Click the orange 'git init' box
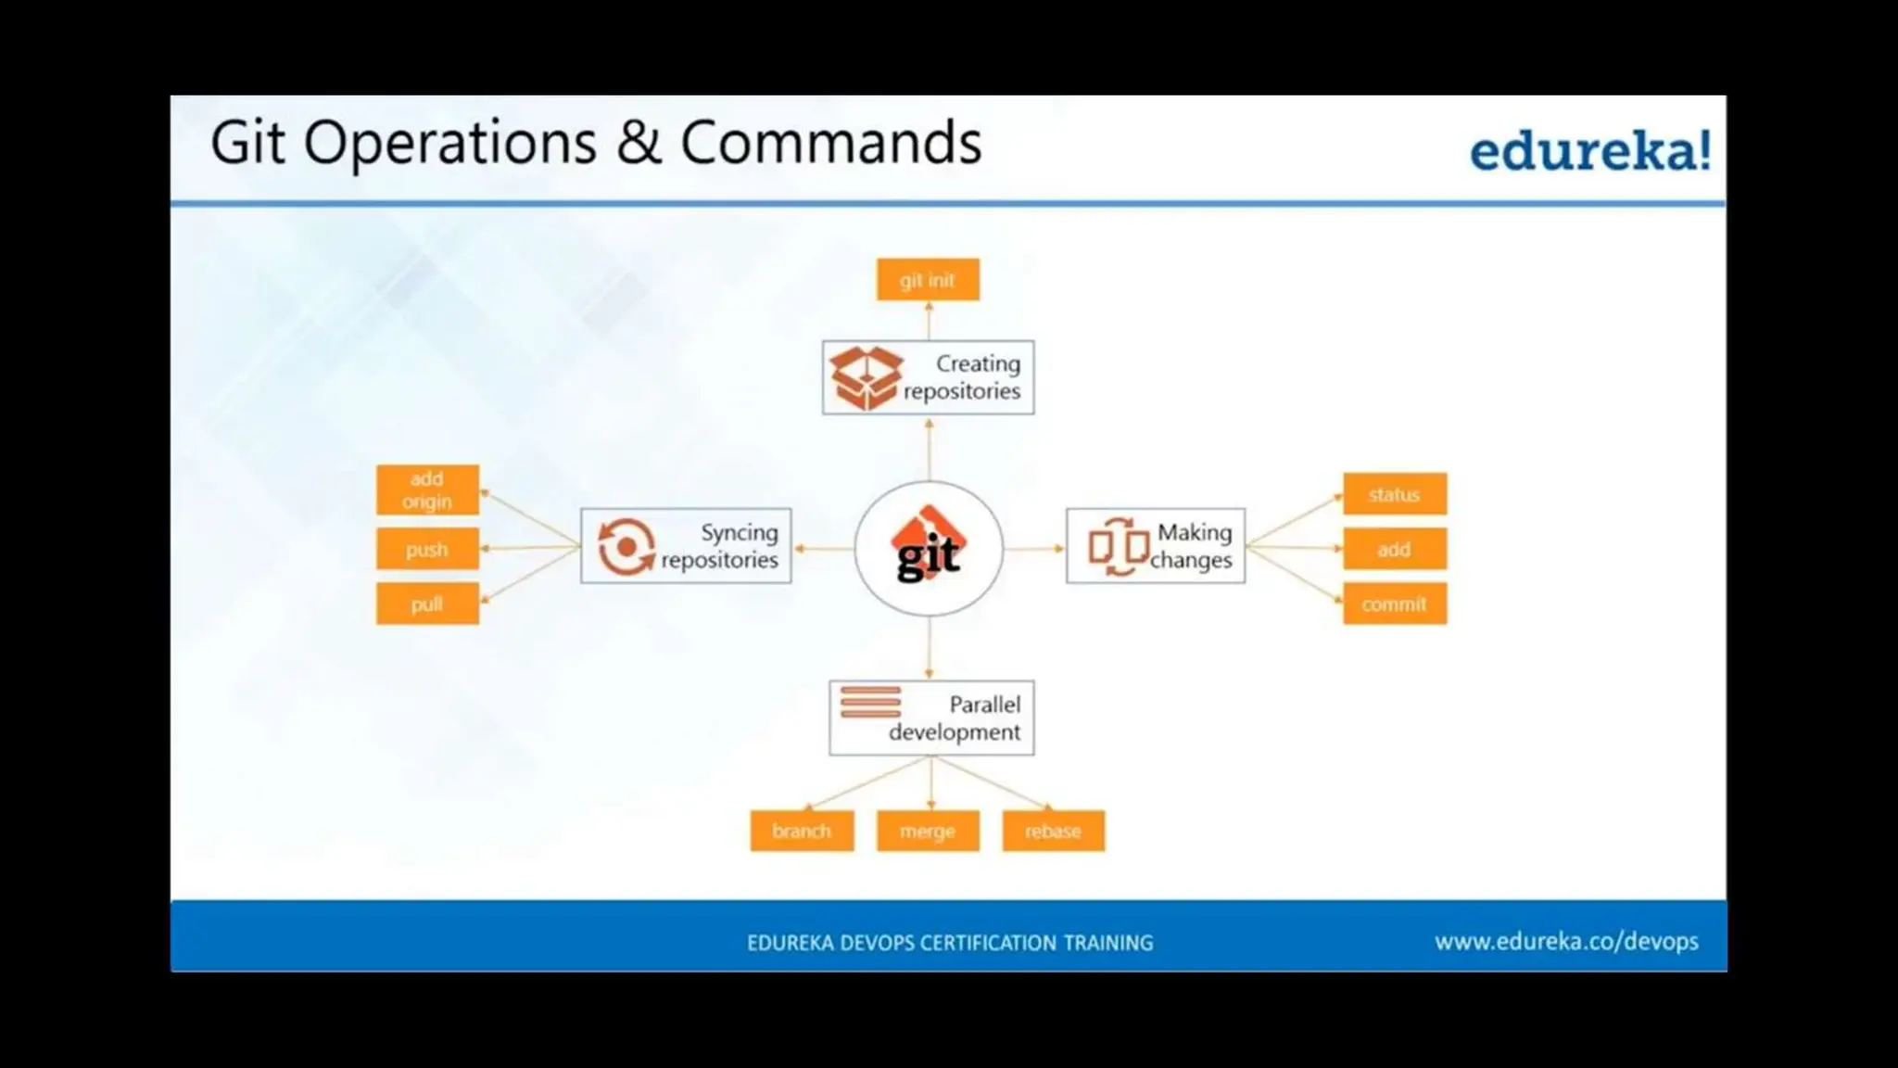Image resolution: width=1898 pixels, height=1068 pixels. (x=928, y=280)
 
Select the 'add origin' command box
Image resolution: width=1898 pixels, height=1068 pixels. (x=427, y=489)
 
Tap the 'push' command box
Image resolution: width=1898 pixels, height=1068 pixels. (x=427, y=549)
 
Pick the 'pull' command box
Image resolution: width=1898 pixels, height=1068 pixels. (x=427, y=604)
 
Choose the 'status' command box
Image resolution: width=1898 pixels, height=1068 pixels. (x=1394, y=494)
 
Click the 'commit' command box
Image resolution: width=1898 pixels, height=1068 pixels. (x=1394, y=604)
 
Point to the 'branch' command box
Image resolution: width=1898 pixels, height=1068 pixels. (x=802, y=831)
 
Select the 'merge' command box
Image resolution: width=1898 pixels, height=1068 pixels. (x=928, y=831)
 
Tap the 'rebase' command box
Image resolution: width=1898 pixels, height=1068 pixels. (x=1053, y=831)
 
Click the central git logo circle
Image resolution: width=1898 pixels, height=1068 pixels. (x=929, y=548)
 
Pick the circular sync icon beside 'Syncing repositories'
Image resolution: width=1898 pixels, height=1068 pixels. (x=626, y=546)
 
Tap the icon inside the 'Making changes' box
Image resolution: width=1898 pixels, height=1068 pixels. (x=1118, y=547)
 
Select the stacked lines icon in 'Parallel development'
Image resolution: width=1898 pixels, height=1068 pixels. (x=870, y=702)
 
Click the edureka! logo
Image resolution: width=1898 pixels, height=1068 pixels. (x=1590, y=150)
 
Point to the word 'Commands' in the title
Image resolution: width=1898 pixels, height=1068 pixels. (x=830, y=143)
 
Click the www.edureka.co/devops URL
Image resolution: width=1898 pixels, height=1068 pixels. (x=1566, y=942)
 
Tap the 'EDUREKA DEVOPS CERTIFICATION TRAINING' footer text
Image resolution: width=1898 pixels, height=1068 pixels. (x=950, y=943)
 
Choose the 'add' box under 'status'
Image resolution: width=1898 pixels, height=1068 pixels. (x=1394, y=549)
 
